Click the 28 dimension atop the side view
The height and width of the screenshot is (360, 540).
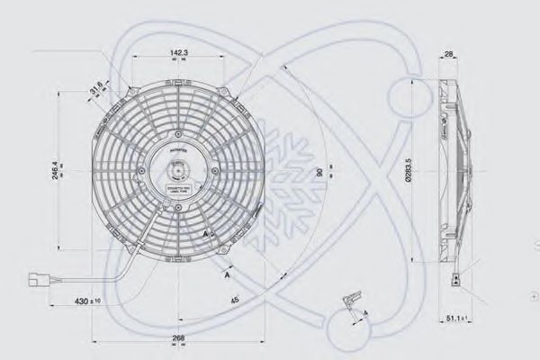[x=448, y=55]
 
